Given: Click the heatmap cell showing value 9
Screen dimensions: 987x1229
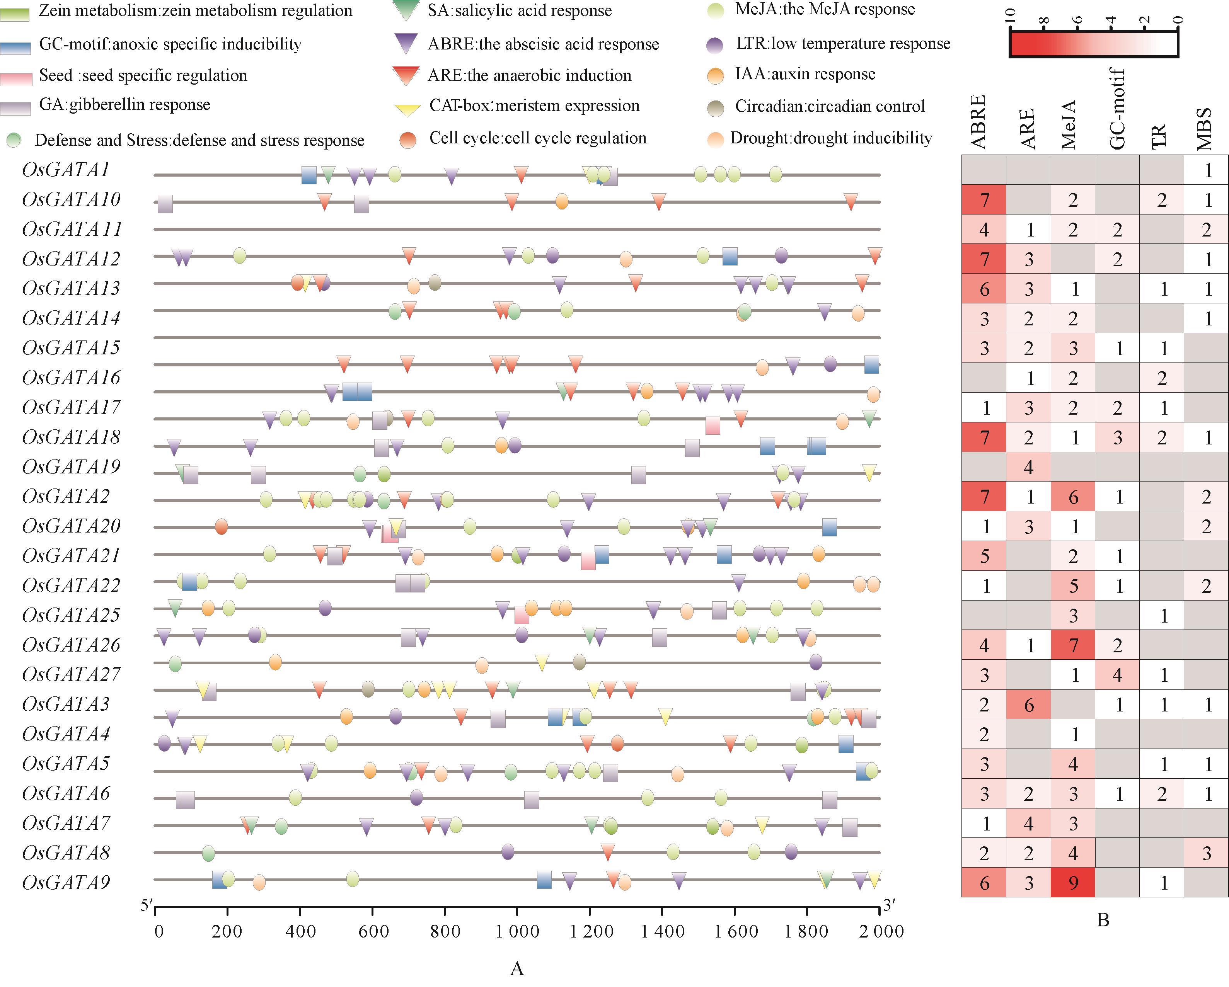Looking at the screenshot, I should pyautogui.click(x=1073, y=883).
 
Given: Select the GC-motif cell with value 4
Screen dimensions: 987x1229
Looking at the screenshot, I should pyautogui.click(x=1117, y=675).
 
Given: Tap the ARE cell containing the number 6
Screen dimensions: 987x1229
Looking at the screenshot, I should pyautogui.click(x=1028, y=705).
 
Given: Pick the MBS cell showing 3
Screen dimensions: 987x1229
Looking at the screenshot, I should pyautogui.click(x=1206, y=853).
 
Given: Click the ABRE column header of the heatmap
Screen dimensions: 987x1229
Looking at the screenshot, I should pyautogui.click(x=978, y=122).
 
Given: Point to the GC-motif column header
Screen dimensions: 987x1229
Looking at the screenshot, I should pyautogui.click(x=1117, y=108).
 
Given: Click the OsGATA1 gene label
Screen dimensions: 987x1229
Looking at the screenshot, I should pyautogui.click(x=66, y=170).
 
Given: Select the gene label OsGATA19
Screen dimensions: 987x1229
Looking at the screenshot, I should pyautogui.click(x=71, y=467).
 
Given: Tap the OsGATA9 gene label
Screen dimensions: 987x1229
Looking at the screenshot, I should pyautogui.click(x=66, y=882).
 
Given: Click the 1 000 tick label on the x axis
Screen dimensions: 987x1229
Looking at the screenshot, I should pyautogui.click(x=517, y=931).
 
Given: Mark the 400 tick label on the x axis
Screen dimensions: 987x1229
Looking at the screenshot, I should pyautogui.click(x=300, y=931).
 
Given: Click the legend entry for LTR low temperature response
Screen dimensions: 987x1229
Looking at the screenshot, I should pyautogui.click(x=842, y=44).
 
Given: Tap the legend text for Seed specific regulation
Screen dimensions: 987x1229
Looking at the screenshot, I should pyautogui.click(x=143, y=76).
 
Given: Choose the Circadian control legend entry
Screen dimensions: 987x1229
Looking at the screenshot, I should pyautogui.click(x=829, y=107).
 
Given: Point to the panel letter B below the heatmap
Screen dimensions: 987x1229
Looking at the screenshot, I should pyautogui.click(x=1103, y=920).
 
